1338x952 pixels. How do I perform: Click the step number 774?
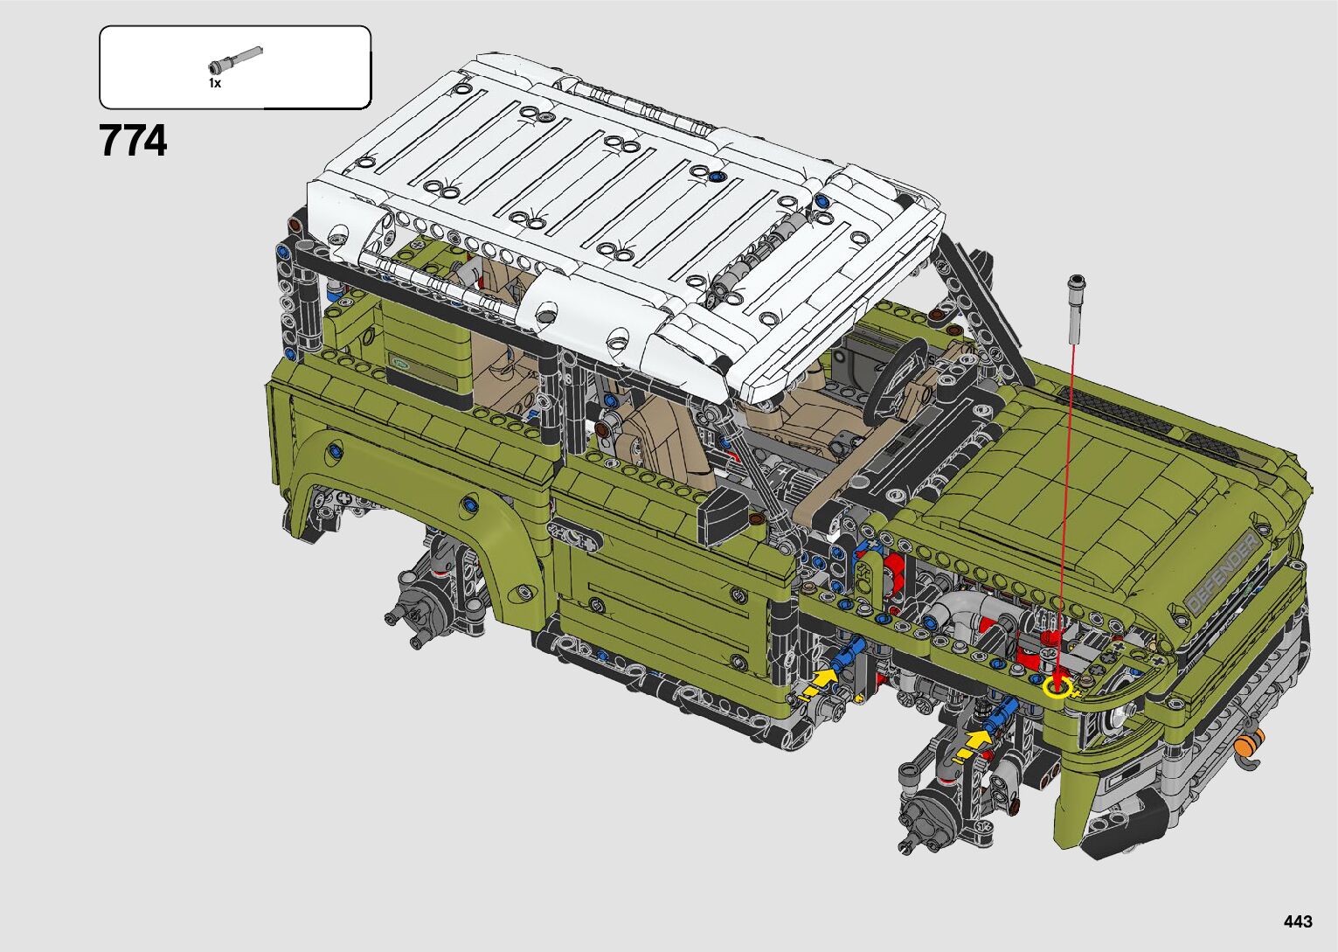(x=133, y=141)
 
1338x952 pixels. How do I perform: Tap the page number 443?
(x=1298, y=921)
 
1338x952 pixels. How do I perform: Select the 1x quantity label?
(x=214, y=83)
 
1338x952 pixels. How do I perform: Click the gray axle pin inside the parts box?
(x=235, y=59)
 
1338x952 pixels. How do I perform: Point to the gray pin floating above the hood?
(x=1077, y=309)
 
